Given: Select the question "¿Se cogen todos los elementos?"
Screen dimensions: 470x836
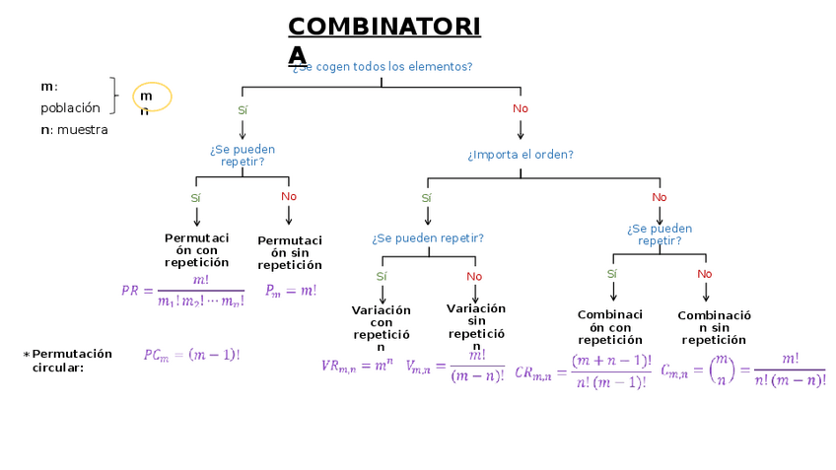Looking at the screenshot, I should click(383, 67).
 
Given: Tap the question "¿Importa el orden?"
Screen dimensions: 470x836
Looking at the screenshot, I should click(521, 155).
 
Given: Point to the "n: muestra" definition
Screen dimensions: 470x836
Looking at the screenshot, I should click(74, 130).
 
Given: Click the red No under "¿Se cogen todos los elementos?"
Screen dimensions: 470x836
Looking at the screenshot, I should click(521, 108).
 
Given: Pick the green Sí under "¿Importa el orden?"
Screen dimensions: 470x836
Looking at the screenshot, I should click(426, 198).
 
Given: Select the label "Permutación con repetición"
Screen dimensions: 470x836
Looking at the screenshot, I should click(196, 250).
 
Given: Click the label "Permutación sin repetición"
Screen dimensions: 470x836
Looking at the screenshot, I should click(290, 252).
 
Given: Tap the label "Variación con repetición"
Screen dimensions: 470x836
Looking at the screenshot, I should click(382, 328).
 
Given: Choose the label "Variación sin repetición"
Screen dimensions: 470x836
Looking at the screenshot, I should click(476, 326).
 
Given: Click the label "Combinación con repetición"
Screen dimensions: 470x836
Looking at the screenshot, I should click(610, 327).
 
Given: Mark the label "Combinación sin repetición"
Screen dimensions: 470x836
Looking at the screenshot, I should click(714, 327).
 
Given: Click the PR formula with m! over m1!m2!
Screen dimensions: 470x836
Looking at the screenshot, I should click(183, 291).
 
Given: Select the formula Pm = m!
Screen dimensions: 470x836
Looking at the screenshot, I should click(291, 291).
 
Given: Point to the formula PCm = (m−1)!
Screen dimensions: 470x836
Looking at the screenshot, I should click(191, 355).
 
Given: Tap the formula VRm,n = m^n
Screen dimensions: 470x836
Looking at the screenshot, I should click(357, 366).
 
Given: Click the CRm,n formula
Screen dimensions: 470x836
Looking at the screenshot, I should click(583, 372).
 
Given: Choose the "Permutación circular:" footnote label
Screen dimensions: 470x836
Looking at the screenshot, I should click(70, 361).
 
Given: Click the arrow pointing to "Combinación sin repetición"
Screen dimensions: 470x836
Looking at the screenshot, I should click(706, 292).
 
